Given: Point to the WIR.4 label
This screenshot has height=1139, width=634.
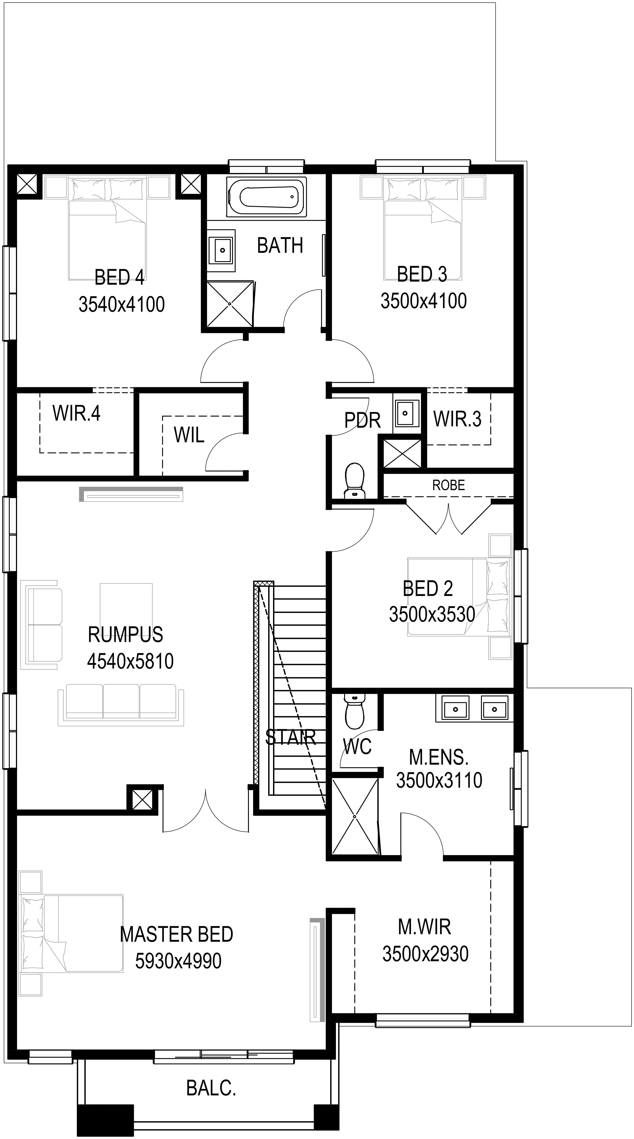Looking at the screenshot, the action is pos(77,413).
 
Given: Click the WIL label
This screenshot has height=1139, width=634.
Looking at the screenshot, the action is pos(189,435).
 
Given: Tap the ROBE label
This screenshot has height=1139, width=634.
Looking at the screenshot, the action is pos(449,485).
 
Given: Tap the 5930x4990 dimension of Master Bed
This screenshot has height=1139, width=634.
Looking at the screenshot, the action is pos(178,961).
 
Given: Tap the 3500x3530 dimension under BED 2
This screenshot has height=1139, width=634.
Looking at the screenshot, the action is pos(432,614).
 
